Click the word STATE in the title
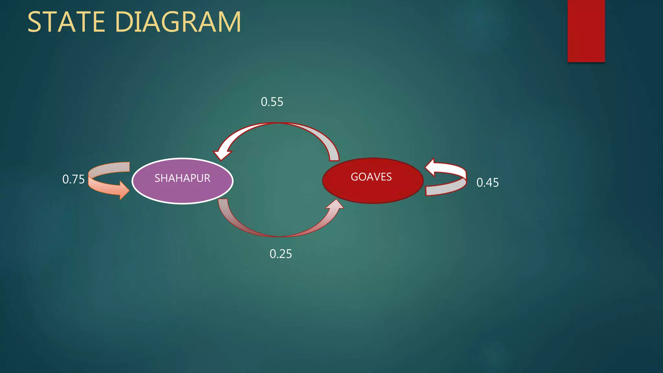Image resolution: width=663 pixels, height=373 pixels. (x=66, y=22)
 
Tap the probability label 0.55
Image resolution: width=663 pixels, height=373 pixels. (x=272, y=102)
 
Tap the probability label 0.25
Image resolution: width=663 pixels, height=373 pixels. (x=281, y=254)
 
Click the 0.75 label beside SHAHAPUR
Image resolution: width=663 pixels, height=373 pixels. (x=73, y=179)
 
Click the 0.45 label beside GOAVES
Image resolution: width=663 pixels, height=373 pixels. (x=488, y=183)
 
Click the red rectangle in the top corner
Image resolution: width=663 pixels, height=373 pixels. (x=586, y=31)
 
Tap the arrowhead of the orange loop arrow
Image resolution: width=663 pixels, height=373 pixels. (x=124, y=190)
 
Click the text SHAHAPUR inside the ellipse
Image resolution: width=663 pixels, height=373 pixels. (x=182, y=178)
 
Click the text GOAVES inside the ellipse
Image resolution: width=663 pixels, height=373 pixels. (x=371, y=177)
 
